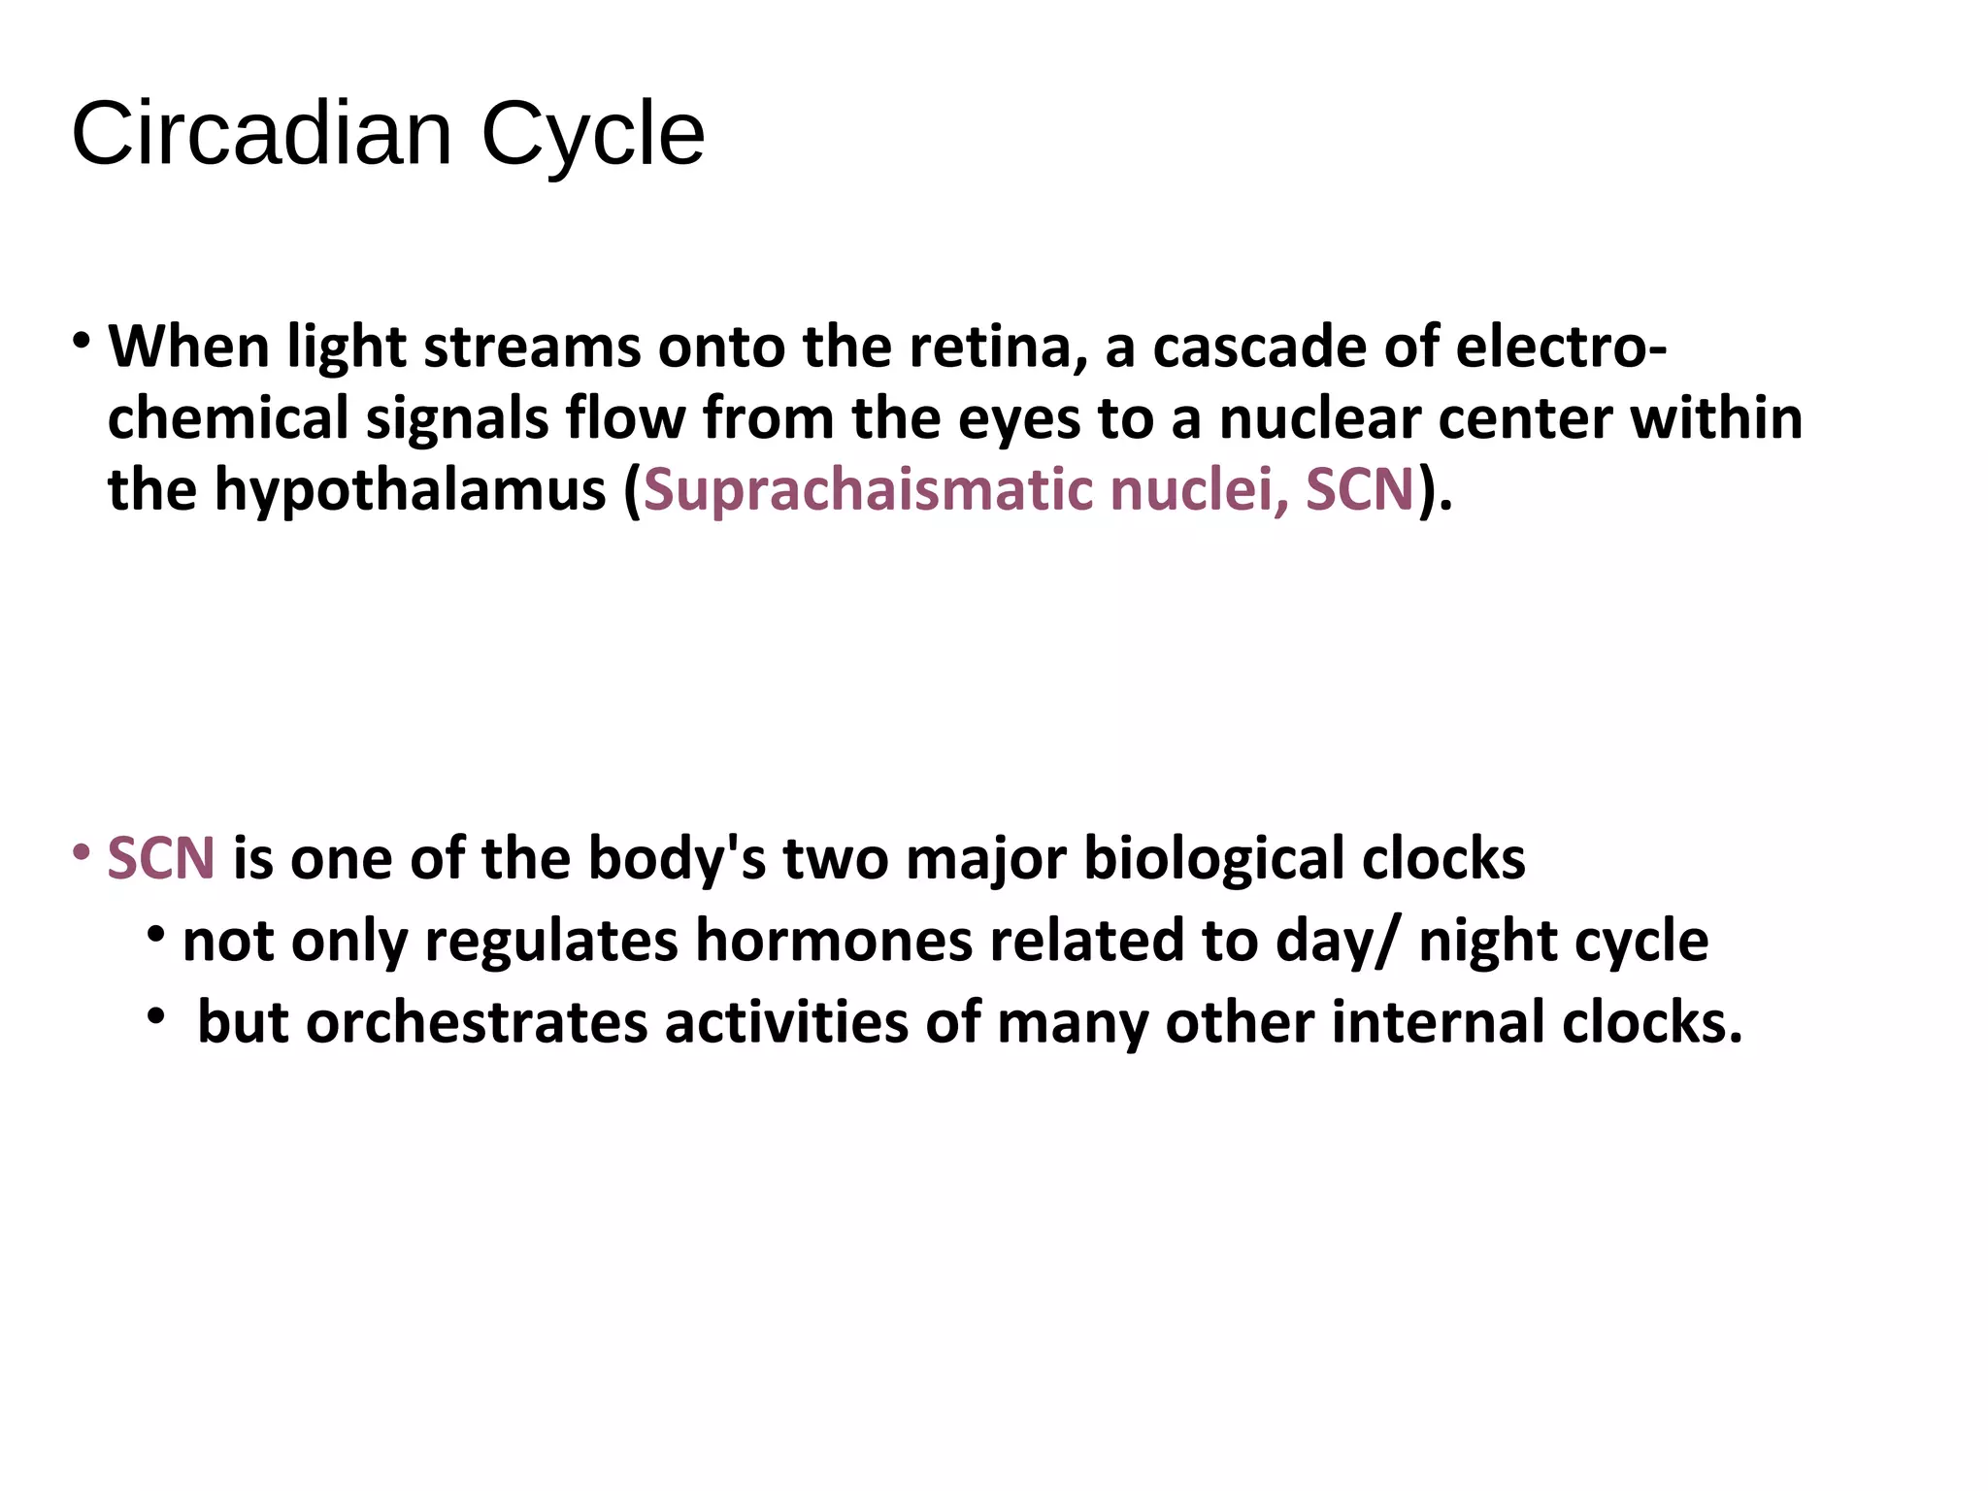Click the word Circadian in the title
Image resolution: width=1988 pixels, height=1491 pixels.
262,134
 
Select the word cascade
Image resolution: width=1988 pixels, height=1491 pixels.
1259,347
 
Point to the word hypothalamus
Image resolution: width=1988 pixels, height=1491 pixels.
411,490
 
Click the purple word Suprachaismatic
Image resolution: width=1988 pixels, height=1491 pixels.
869,490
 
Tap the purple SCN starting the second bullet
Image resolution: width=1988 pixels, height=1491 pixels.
161,859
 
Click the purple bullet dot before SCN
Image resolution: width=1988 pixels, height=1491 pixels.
83,853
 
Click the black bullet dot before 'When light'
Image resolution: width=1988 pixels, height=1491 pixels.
83,341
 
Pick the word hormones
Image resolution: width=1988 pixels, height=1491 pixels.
834,941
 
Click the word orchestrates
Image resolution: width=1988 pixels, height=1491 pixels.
477,1023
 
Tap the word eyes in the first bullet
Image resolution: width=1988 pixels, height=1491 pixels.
1019,420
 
